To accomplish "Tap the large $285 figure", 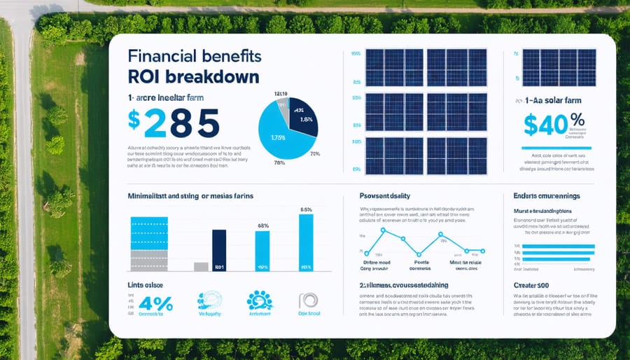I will (174, 124).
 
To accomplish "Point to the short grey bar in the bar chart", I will (201, 266).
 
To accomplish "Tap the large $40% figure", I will (554, 125).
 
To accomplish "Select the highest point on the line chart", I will (383, 228).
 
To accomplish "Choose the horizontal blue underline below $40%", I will (556, 148).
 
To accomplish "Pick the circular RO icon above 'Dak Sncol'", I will (307, 301).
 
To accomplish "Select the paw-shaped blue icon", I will (259, 300).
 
